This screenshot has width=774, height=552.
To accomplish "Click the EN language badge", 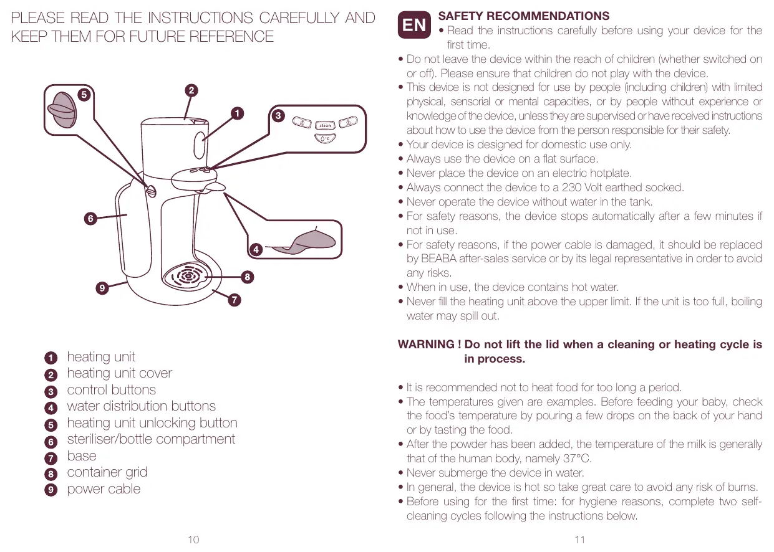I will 415,25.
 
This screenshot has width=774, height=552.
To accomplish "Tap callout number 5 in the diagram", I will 83,94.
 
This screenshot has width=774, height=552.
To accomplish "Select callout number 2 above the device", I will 191,90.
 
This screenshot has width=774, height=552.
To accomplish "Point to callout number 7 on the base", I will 234,300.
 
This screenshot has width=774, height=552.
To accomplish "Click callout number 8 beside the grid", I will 248,276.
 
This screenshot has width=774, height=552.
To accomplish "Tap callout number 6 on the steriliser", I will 90,218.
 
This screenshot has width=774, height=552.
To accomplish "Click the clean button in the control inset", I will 325,126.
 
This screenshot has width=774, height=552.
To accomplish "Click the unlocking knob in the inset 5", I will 62,110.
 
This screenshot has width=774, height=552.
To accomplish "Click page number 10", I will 193,540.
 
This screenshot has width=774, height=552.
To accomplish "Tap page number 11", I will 579,540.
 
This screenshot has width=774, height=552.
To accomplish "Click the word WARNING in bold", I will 425,345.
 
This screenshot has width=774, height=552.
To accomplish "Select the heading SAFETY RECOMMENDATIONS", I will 524,16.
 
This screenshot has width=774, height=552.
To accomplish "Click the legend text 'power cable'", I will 104,489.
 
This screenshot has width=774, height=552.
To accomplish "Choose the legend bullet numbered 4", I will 51,408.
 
